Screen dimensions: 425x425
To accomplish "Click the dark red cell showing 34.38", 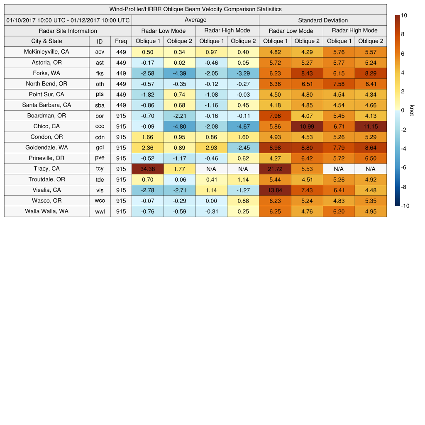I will coord(147,169).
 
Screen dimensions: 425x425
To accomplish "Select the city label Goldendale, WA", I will coord(46,147).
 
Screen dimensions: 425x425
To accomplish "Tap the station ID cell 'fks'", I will coord(100,73).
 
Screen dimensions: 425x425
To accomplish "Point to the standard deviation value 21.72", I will coord(275,169).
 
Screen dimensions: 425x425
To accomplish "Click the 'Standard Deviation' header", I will coord(322,20).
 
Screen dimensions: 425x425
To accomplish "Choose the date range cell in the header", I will coord(68,20).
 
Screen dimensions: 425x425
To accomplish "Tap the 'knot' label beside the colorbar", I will coord(412,110).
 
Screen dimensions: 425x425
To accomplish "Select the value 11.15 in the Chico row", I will coord(370,126).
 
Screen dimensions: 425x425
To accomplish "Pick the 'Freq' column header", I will coord(121,41).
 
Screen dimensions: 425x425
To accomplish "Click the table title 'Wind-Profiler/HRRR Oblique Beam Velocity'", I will coord(195,9).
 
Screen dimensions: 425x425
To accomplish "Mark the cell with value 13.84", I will coord(275,190).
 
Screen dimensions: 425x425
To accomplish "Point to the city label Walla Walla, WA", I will coord(46,211).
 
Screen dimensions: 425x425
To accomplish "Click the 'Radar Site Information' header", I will coord(68,31).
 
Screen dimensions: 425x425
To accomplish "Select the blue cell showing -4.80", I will coord(179,126).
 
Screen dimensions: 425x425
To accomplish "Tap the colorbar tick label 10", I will coord(404,15).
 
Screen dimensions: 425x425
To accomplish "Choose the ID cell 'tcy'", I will coord(100,169).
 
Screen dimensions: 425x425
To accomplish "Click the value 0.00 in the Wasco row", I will coord(211,201).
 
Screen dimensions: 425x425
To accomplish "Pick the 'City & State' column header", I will coord(46,41).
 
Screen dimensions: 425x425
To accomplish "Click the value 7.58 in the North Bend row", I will coord(339,84).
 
